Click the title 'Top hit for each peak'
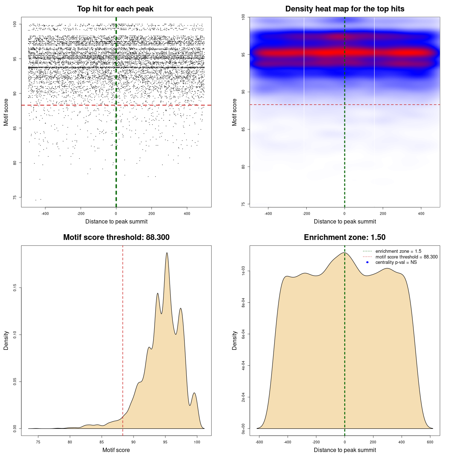coord(115,9)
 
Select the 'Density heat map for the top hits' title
coord(345,9)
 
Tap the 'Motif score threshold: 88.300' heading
coord(116,237)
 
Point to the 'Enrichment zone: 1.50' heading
coord(345,237)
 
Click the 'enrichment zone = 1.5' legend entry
coord(398,251)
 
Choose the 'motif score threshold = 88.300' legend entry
coord(406,257)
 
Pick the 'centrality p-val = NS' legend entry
coord(396,262)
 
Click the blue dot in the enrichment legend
coord(367,262)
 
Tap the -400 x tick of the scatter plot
coord(45,214)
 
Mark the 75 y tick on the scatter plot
coord(15,197)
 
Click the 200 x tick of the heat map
coord(383,214)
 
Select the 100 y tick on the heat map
coord(243,17)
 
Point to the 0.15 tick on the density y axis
coord(15,288)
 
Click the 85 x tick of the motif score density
coord(102,442)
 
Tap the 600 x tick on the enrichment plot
coord(430,442)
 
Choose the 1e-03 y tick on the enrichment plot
coord(243,271)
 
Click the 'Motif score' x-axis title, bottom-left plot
coord(116,450)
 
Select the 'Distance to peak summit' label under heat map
coord(345,221)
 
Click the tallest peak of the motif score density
coord(167,253)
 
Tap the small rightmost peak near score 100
coord(194,393)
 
